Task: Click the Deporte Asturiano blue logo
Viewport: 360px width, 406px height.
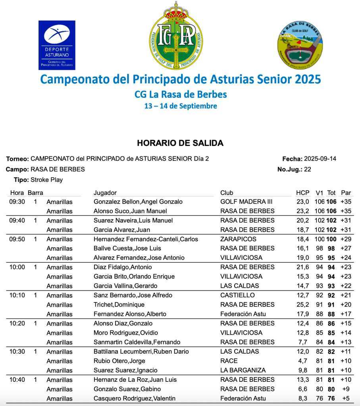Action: (x=57, y=45)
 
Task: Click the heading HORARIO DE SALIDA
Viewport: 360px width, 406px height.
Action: (x=180, y=143)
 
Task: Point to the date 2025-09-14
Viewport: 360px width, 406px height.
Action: (x=320, y=159)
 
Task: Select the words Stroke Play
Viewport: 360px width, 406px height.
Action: (x=46, y=180)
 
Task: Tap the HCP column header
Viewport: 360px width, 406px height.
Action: (x=302, y=193)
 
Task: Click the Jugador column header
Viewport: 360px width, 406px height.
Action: (x=105, y=193)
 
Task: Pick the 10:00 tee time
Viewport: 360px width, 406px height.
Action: (x=17, y=267)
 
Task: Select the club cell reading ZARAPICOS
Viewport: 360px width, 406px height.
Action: (x=238, y=239)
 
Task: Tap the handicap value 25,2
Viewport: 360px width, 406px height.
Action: (x=302, y=305)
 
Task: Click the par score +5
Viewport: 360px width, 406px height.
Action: (x=346, y=398)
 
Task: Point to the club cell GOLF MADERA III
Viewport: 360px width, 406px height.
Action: (x=246, y=202)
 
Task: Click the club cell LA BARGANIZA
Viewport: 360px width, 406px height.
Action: (x=243, y=370)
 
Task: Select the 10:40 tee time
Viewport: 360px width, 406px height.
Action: (x=17, y=380)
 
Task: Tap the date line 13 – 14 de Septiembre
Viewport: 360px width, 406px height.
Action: (x=180, y=106)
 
